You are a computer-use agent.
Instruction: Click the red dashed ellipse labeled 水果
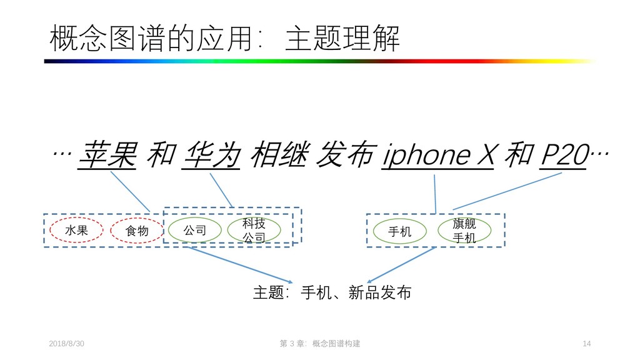click(76, 231)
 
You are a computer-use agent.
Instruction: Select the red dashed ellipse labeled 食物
click(137, 231)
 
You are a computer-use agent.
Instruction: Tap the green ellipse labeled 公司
click(194, 231)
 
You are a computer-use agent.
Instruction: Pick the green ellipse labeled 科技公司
click(254, 231)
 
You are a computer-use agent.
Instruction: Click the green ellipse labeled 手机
click(400, 232)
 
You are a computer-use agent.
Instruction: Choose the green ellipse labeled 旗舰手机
click(464, 231)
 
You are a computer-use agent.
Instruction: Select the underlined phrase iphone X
click(437, 155)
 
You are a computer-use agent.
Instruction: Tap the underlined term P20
click(563, 155)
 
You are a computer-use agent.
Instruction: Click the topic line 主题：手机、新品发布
click(332, 292)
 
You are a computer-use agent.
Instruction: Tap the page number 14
click(586, 344)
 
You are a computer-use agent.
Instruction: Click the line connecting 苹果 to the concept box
click(130, 191)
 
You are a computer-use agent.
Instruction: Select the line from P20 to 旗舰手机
click(507, 191)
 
